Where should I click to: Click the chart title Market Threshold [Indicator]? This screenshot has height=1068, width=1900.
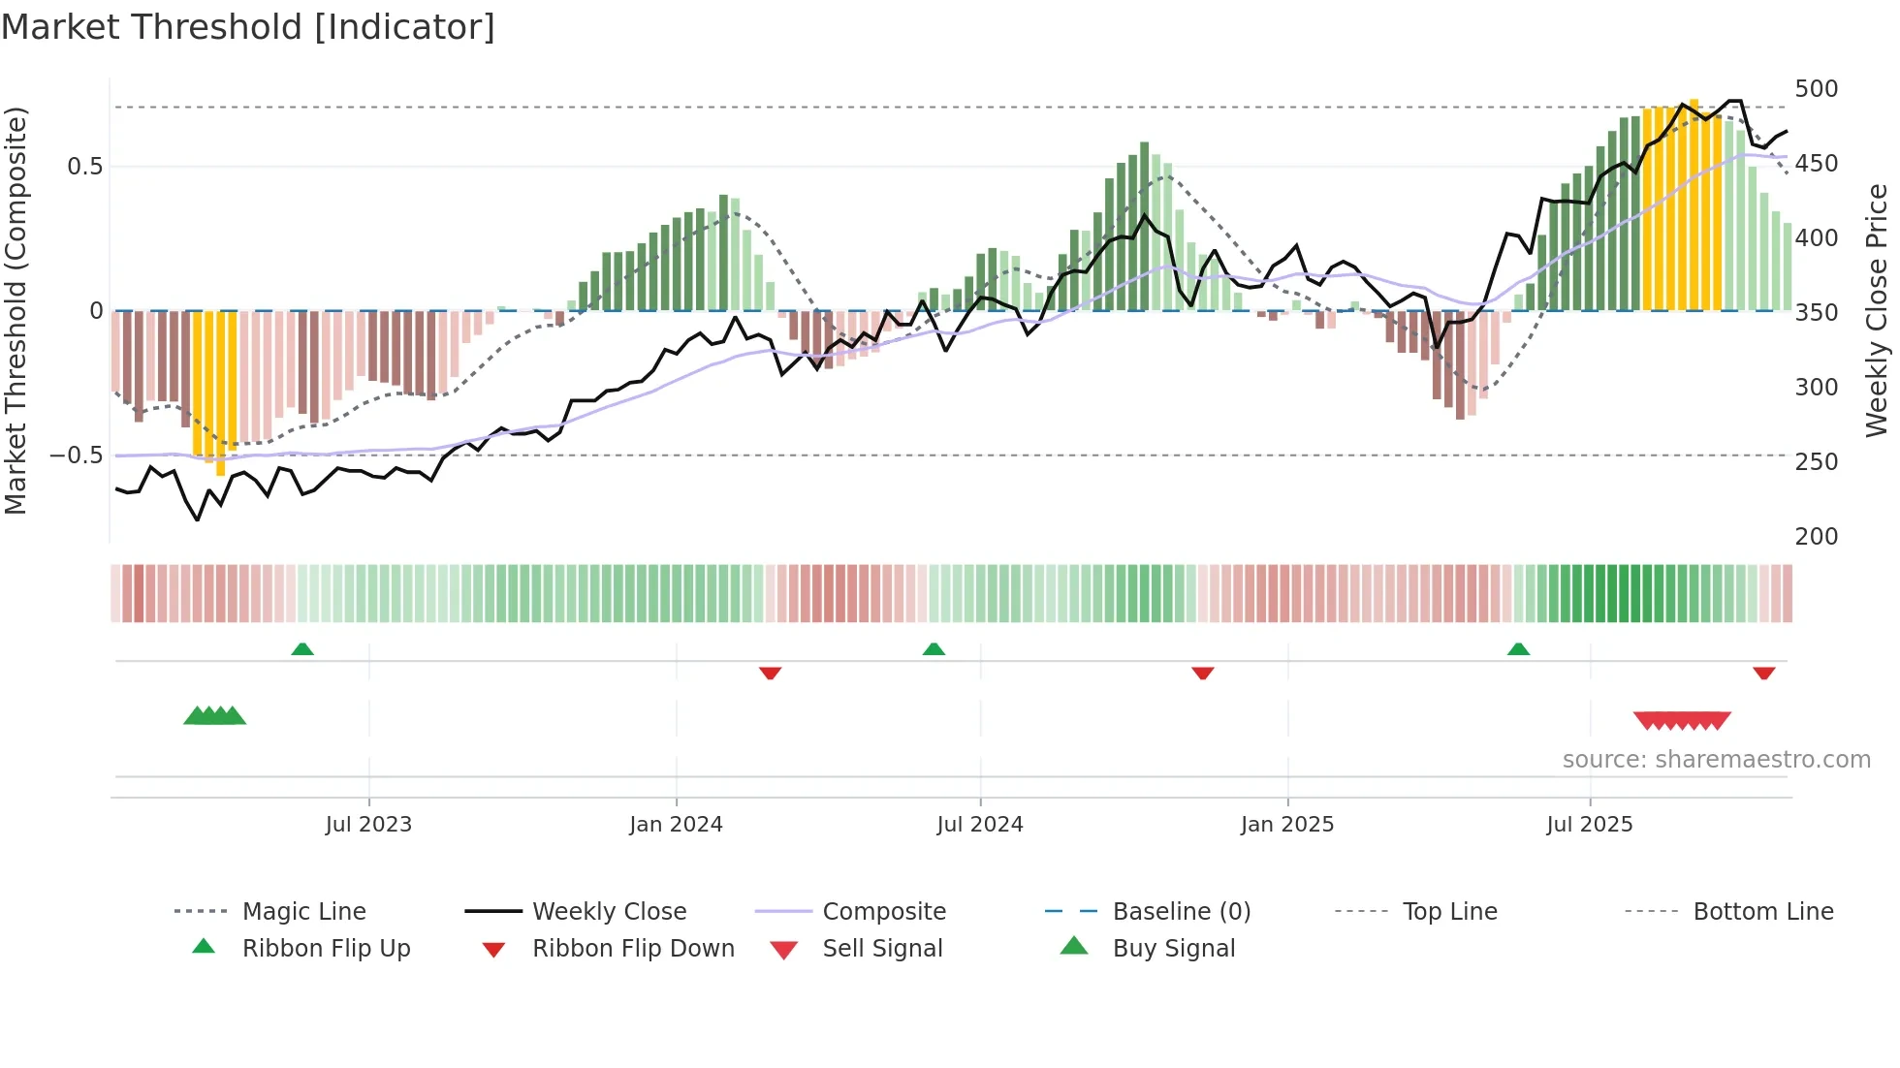248,27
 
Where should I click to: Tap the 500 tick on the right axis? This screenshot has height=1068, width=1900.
1816,89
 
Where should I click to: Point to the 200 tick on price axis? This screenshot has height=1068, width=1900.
1816,537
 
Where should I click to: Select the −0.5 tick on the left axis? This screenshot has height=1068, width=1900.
77,455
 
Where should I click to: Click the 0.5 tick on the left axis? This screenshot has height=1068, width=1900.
84,167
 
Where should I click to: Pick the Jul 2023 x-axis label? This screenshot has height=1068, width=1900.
368,825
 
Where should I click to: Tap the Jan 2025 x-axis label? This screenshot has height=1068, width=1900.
1286,825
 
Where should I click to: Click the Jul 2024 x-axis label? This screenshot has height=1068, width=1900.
979,825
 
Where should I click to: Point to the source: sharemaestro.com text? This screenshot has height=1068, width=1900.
1716,760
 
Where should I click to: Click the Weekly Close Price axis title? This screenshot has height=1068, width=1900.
1877,310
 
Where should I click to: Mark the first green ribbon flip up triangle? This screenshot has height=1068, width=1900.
302,649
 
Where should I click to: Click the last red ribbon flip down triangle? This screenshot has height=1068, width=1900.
1763,673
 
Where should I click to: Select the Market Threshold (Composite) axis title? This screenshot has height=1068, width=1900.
16,310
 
